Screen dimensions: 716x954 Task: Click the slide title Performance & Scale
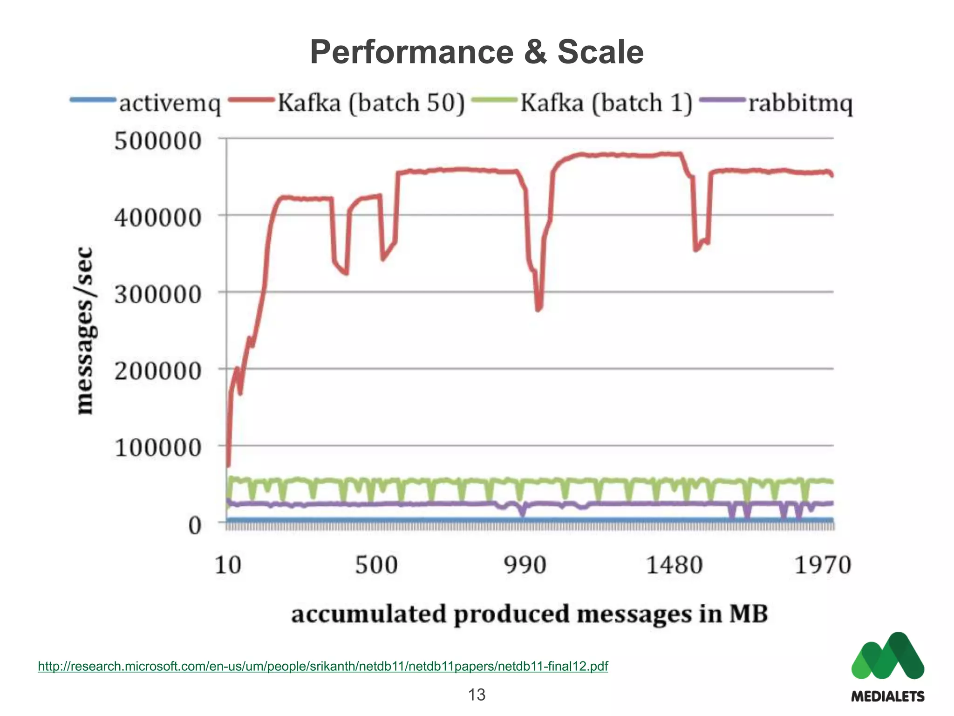(477, 52)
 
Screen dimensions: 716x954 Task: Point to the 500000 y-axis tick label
(158, 141)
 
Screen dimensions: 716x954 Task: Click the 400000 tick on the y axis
(158, 217)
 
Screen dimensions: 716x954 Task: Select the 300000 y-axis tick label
(158, 294)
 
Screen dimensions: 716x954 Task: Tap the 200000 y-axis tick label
(158, 371)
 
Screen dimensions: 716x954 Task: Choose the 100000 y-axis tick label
(158, 447)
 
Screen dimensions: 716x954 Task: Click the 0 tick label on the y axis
(195, 525)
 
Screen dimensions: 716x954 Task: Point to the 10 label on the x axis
(228, 565)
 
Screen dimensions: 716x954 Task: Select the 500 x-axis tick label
(376, 565)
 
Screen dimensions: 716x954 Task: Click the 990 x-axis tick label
(525, 565)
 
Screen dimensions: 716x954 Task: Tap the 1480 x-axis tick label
(674, 565)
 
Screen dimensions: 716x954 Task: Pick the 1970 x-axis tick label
(823, 565)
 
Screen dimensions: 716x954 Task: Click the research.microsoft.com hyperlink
(323, 666)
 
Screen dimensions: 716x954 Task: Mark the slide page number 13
(477, 695)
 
